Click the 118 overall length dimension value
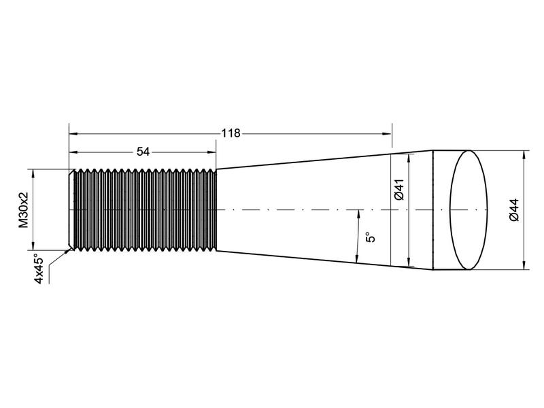(x=231, y=133)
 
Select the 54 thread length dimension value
(x=143, y=152)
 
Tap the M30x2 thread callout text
(x=24, y=210)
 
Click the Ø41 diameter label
(x=399, y=188)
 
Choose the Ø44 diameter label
(x=513, y=209)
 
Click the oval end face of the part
(x=469, y=209)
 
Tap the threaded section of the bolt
(x=145, y=209)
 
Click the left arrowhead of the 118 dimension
(x=71, y=133)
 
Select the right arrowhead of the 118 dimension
(x=388, y=133)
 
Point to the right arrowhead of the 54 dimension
(x=212, y=152)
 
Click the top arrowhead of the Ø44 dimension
(x=524, y=154)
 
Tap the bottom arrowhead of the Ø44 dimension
(x=524, y=266)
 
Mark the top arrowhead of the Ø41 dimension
(x=408, y=158)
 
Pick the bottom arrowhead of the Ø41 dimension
(x=408, y=262)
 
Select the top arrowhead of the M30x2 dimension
(x=32, y=173)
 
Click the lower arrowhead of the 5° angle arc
(x=358, y=258)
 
